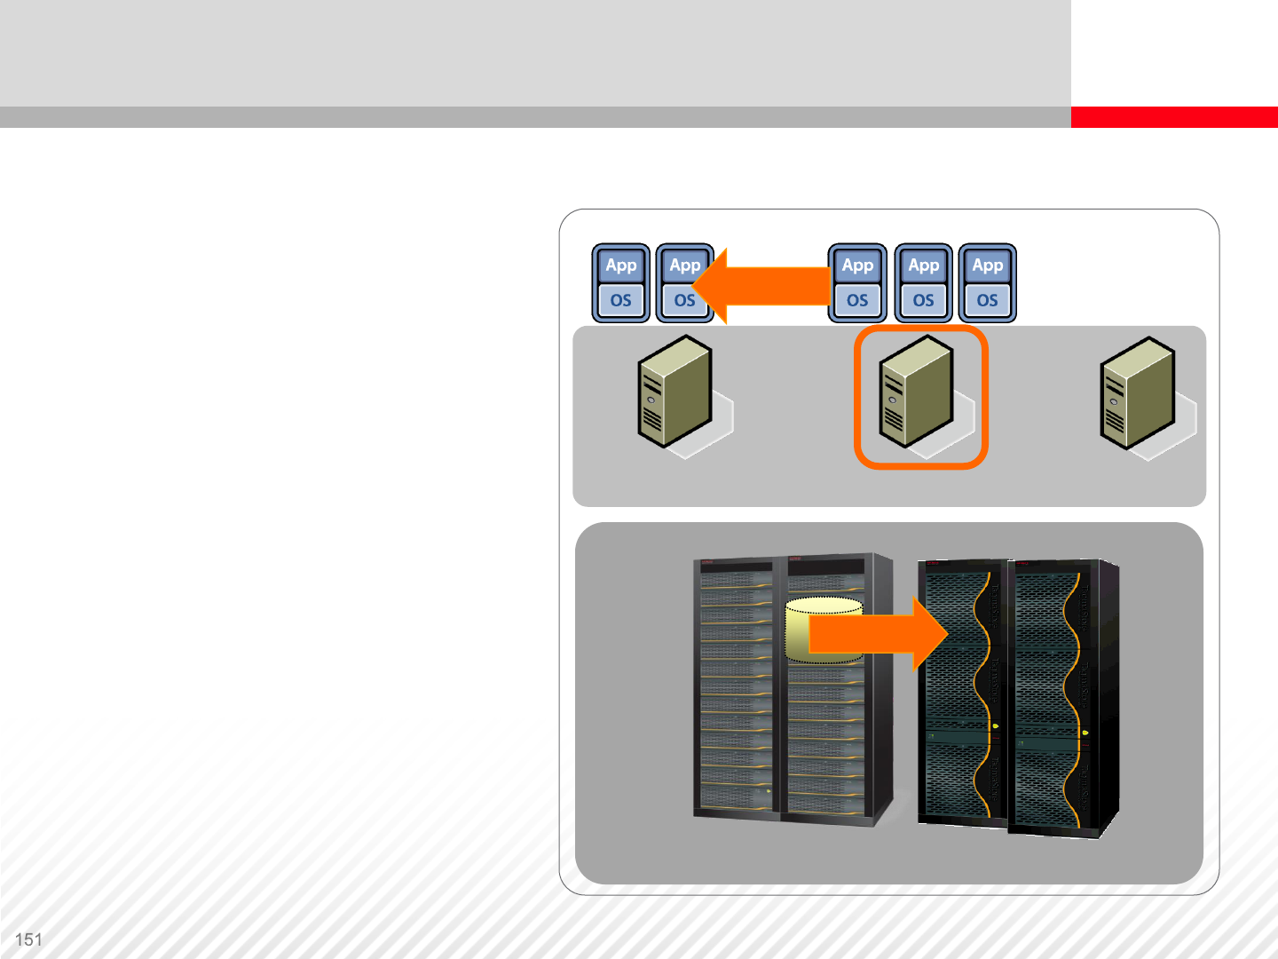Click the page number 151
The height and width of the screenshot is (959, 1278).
pyautogui.click(x=28, y=939)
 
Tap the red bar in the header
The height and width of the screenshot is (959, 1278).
pyautogui.click(x=1173, y=117)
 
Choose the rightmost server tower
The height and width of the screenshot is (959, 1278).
pyautogui.click(x=1137, y=392)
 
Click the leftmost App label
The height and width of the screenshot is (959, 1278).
pyautogui.click(x=621, y=266)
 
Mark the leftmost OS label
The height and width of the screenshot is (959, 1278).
pyautogui.click(x=621, y=300)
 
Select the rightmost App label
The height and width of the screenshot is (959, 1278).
pyautogui.click(x=988, y=266)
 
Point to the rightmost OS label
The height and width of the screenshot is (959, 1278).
pyautogui.click(x=988, y=300)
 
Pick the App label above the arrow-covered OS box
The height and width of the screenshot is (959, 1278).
pyautogui.click(x=685, y=266)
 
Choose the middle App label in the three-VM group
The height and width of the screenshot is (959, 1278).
pyautogui.click(x=924, y=266)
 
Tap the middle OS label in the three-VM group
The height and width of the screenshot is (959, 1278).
pyautogui.click(x=924, y=300)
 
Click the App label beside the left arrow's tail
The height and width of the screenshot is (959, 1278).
pyautogui.click(x=857, y=266)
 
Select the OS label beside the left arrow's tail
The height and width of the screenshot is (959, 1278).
pyautogui.click(x=857, y=300)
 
